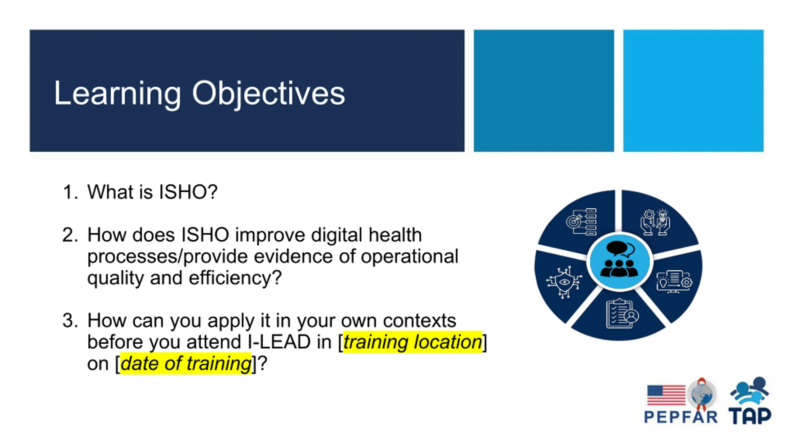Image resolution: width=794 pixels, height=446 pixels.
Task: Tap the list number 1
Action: click(x=70, y=192)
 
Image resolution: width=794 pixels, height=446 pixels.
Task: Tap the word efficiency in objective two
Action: click(x=235, y=278)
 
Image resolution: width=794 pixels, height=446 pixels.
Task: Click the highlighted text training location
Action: click(x=413, y=342)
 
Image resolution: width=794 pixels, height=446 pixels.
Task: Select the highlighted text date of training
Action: click(x=186, y=364)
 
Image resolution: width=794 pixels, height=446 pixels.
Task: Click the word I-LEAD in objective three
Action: click(x=279, y=342)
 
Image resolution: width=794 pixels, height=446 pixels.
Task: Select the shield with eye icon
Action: click(x=564, y=282)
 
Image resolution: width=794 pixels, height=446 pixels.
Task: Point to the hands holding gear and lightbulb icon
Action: click(x=655, y=222)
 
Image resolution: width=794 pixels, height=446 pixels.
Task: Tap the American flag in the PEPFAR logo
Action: click(x=666, y=395)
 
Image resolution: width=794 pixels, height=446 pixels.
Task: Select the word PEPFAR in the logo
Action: click(x=681, y=417)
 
